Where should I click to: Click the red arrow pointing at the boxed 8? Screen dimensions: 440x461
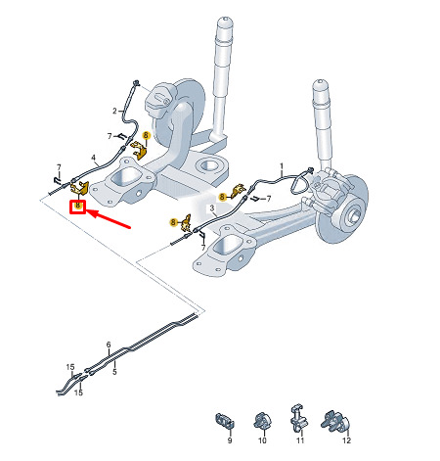pos(110,219)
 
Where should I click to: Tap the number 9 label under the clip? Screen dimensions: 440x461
pos(230,440)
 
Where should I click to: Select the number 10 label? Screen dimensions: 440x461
pos(262,440)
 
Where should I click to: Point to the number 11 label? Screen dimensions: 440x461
pos(300,440)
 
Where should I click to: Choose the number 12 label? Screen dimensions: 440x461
pos(346,440)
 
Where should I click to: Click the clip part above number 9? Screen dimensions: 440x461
pos(225,420)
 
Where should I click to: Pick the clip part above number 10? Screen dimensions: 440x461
pos(262,421)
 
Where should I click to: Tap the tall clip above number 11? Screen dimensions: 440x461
pos(299,417)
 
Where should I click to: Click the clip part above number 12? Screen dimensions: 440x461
pos(335,422)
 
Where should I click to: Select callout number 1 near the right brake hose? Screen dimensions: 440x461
pos(282,167)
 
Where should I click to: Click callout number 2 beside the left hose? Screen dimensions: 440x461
pos(114,112)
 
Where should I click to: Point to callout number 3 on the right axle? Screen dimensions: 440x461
pos(212,207)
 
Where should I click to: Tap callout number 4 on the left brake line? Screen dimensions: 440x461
pos(94,158)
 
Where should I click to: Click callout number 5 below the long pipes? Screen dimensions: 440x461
pos(114,372)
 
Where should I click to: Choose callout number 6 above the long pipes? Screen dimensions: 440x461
pos(109,345)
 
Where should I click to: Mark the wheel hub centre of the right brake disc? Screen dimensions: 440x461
pos(354,214)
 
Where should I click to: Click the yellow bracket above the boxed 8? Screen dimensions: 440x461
pos(79,189)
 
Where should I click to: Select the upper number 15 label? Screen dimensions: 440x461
pos(70,367)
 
